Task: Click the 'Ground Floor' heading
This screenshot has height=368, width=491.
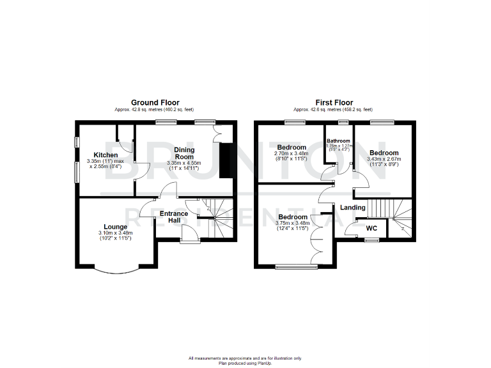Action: click(155, 102)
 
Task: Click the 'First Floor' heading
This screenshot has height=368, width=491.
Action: click(334, 102)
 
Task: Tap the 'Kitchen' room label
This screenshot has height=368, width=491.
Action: click(105, 155)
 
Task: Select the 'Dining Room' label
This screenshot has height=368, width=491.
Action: click(184, 153)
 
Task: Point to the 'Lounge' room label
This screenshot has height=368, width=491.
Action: click(115, 227)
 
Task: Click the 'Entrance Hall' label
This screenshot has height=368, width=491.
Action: click(174, 217)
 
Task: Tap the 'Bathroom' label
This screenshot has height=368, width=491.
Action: click(338, 141)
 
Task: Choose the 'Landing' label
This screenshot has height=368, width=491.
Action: click(352, 208)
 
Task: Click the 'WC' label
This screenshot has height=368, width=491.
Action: click(371, 227)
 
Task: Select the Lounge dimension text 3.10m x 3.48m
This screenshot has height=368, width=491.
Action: click(115, 234)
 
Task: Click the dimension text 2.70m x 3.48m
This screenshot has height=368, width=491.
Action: click(291, 153)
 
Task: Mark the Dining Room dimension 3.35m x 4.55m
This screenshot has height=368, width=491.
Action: click(184, 164)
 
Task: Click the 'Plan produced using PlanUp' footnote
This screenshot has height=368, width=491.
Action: click(245, 362)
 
